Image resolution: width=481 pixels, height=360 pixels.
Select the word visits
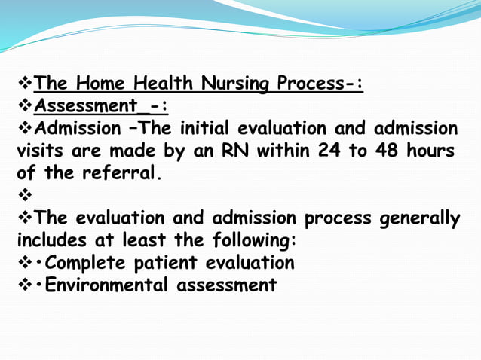pyautogui.click(x=41, y=151)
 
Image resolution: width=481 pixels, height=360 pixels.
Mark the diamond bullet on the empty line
pyautogui.click(x=24, y=196)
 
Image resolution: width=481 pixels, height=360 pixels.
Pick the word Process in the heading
pyautogui.click(x=320, y=83)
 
